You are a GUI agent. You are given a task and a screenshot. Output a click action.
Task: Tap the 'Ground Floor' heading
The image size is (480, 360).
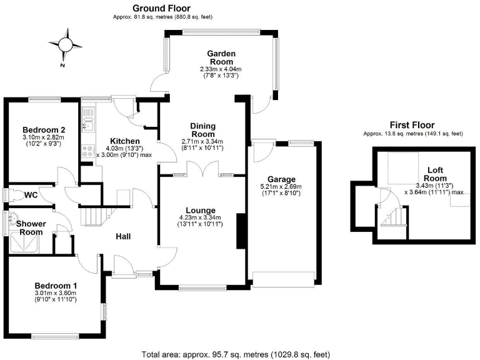coord(162,8)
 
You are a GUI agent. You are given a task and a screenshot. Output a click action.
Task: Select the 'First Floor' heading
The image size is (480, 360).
coord(412,125)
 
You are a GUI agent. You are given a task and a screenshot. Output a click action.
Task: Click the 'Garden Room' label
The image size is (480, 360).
coord(221,57)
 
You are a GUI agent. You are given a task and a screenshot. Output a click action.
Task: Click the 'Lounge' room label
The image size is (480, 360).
coord(200,210)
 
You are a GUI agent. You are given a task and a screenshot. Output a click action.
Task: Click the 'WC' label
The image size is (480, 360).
coord(31,196)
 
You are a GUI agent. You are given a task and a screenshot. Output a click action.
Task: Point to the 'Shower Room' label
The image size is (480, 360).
coord(29,227)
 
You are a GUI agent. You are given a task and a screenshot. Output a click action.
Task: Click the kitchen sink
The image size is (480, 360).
coord(88,122)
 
